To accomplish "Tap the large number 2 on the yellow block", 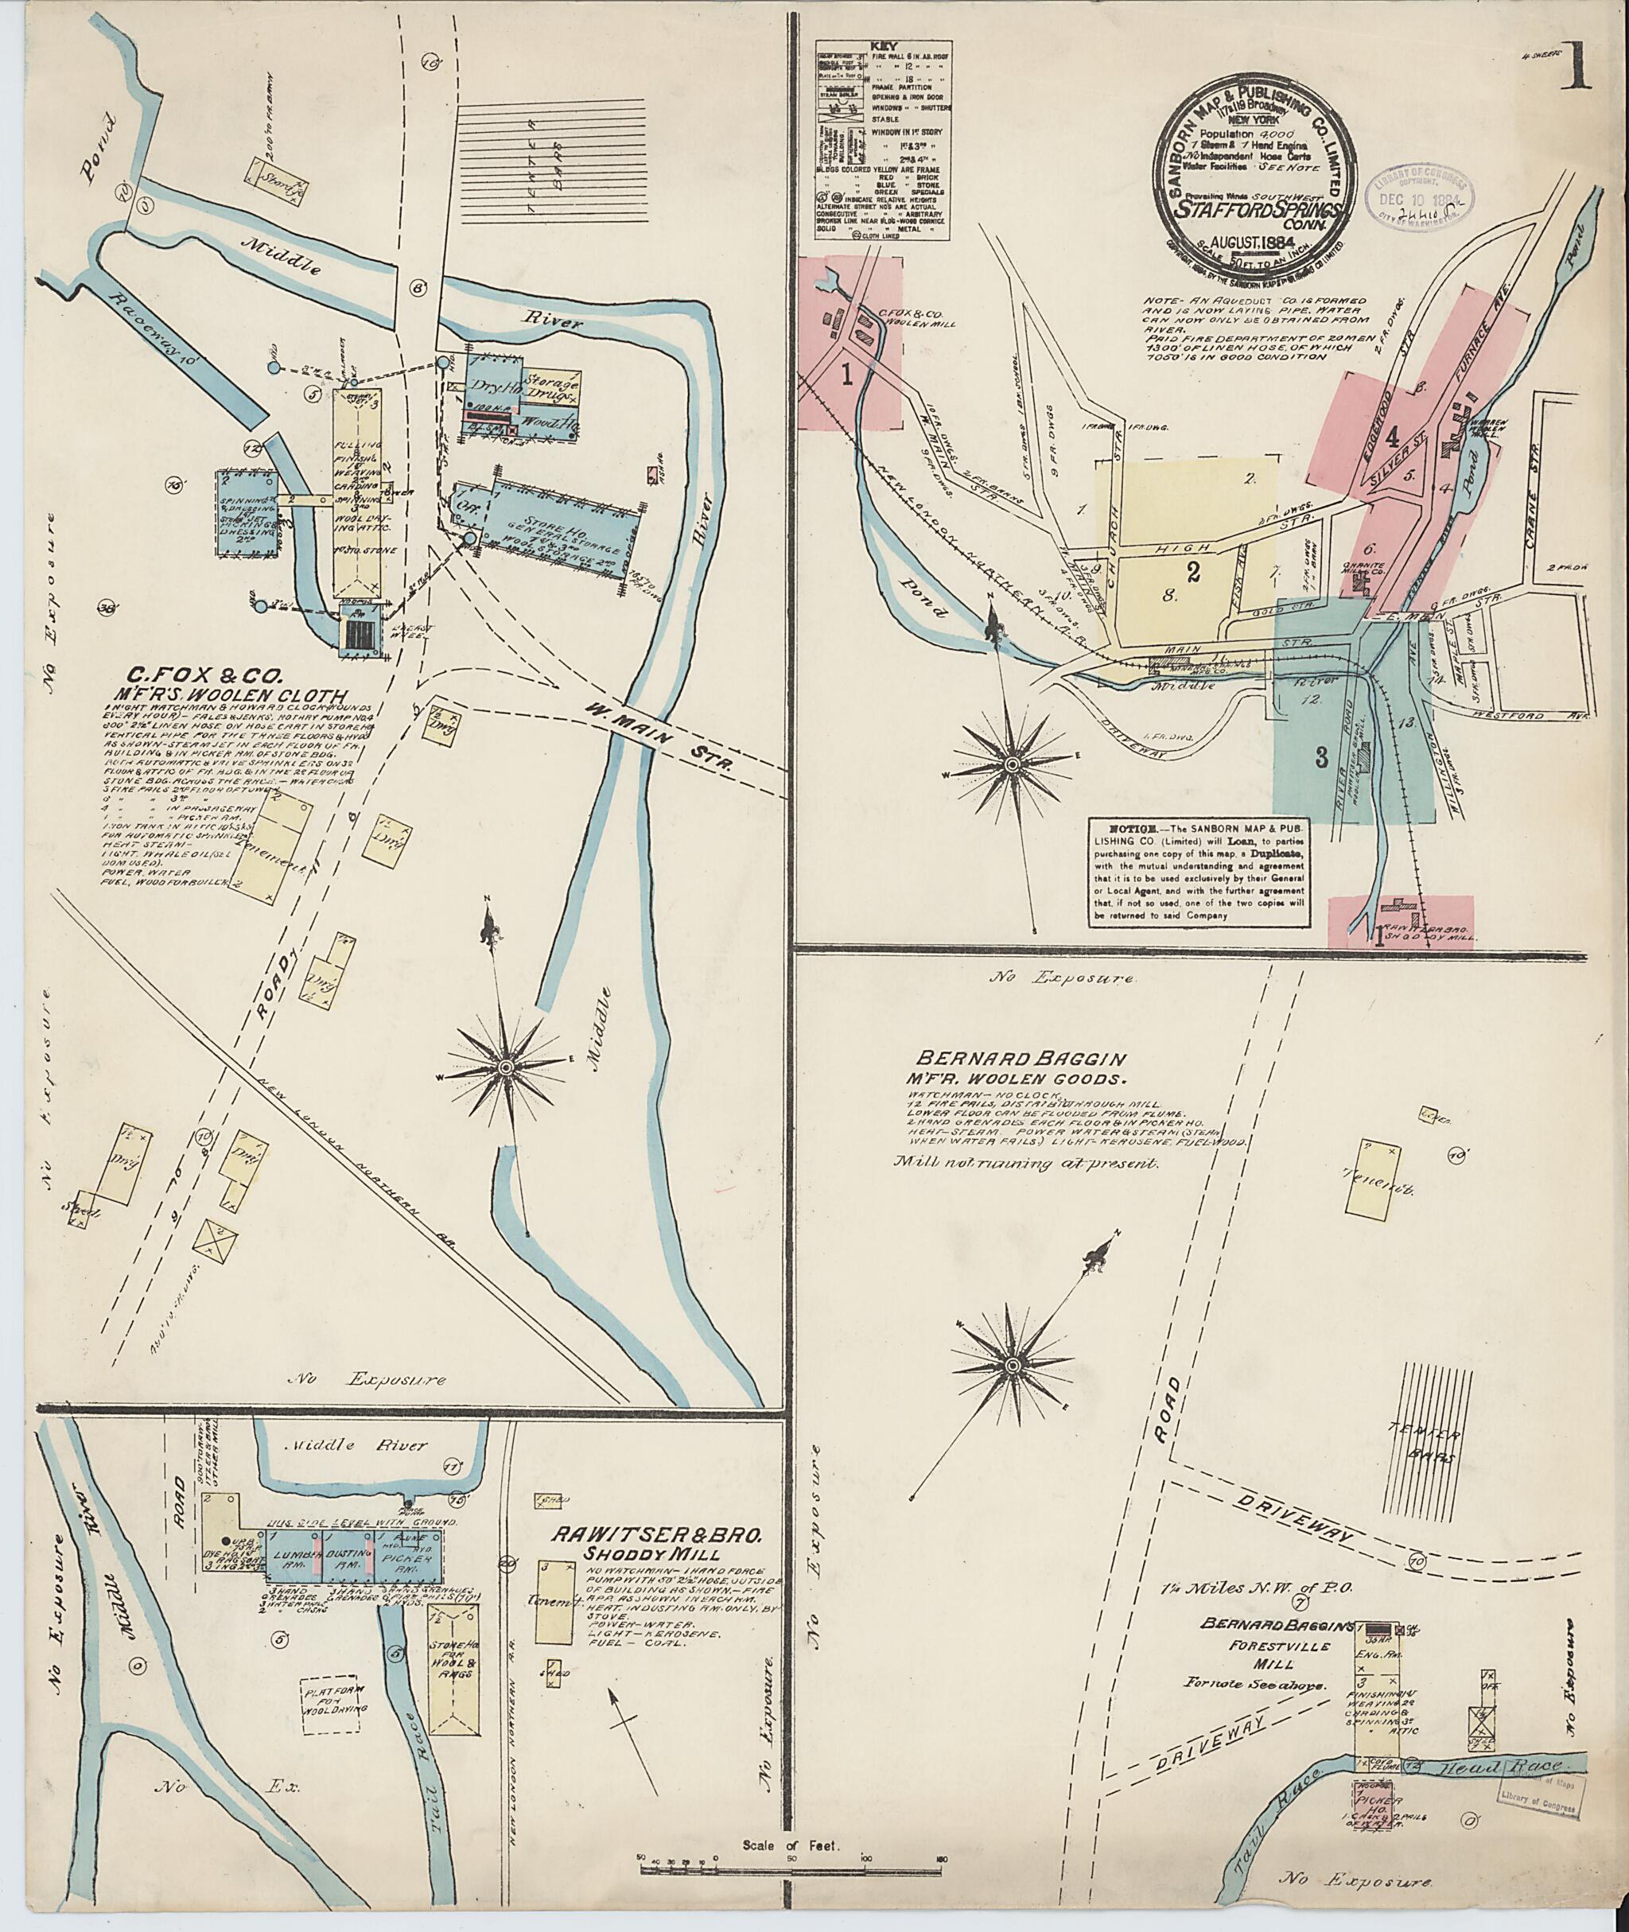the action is pos(1193,573).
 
